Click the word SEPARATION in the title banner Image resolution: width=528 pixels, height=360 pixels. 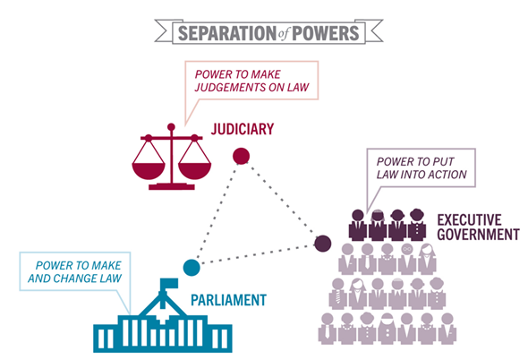[x=227, y=33]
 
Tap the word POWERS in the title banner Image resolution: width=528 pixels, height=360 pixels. [x=326, y=33]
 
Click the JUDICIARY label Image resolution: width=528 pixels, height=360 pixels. [x=243, y=129]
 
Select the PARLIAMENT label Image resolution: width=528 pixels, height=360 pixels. [x=228, y=300]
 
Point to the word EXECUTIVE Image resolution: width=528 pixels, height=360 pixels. [x=470, y=219]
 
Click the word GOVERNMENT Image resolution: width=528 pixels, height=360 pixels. [x=479, y=235]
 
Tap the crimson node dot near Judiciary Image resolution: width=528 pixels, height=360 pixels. [x=241, y=156]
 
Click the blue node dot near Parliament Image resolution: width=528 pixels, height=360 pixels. [x=192, y=268]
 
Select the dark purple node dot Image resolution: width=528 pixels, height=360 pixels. [x=322, y=244]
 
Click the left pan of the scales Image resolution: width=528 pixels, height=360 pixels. [x=149, y=170]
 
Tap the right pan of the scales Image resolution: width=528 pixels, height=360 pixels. [x=194, y=170]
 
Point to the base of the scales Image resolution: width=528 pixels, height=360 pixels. [x=172, y=186]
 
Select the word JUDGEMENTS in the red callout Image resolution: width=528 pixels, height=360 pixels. [x=230, y=87]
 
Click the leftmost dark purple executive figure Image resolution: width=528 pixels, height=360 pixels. [x=358, y=225]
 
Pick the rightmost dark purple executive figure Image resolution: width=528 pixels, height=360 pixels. [x=417, y=225]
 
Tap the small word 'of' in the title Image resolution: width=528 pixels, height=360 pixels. [x=284, y=34]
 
